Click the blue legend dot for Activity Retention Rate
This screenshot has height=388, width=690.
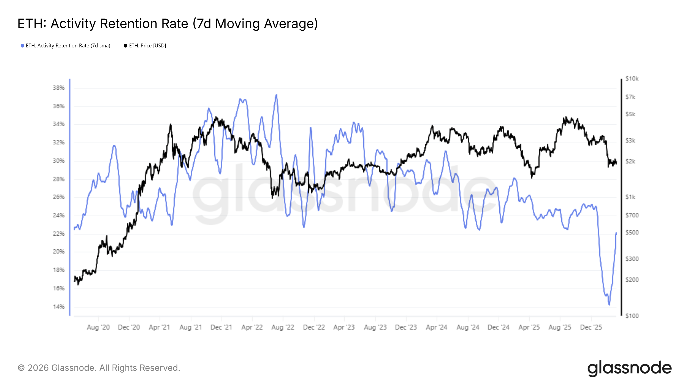(x=22, y=46)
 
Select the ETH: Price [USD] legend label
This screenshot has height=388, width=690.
(x=147, y=46)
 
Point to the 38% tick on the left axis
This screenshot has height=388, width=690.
(x=58, y=88)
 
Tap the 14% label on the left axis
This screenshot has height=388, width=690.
(x=58, y=307)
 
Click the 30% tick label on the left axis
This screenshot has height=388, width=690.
(x=58, y=161)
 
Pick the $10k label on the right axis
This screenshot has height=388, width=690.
(x=632, y=79)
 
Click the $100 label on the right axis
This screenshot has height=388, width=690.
(x=632, y=316)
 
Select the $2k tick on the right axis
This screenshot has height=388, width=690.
(x=630, y=161)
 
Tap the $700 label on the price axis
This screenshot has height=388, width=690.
(x=632, y=215)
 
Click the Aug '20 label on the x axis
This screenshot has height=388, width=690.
(x=98, y=327)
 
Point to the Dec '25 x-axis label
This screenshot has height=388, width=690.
(x=591, y=327)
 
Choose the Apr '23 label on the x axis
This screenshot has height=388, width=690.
(x=344, y=327)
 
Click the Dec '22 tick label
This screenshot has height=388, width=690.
(x=314, y=327)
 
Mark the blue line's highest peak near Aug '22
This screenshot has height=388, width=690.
(x=276, y=95)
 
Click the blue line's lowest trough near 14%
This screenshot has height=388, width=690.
(x=609, y=304)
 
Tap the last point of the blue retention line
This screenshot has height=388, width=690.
(x=616, y=233)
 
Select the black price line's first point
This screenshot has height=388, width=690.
(x=74, y=280)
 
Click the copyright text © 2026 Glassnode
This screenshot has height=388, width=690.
(x=99, y=368)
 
